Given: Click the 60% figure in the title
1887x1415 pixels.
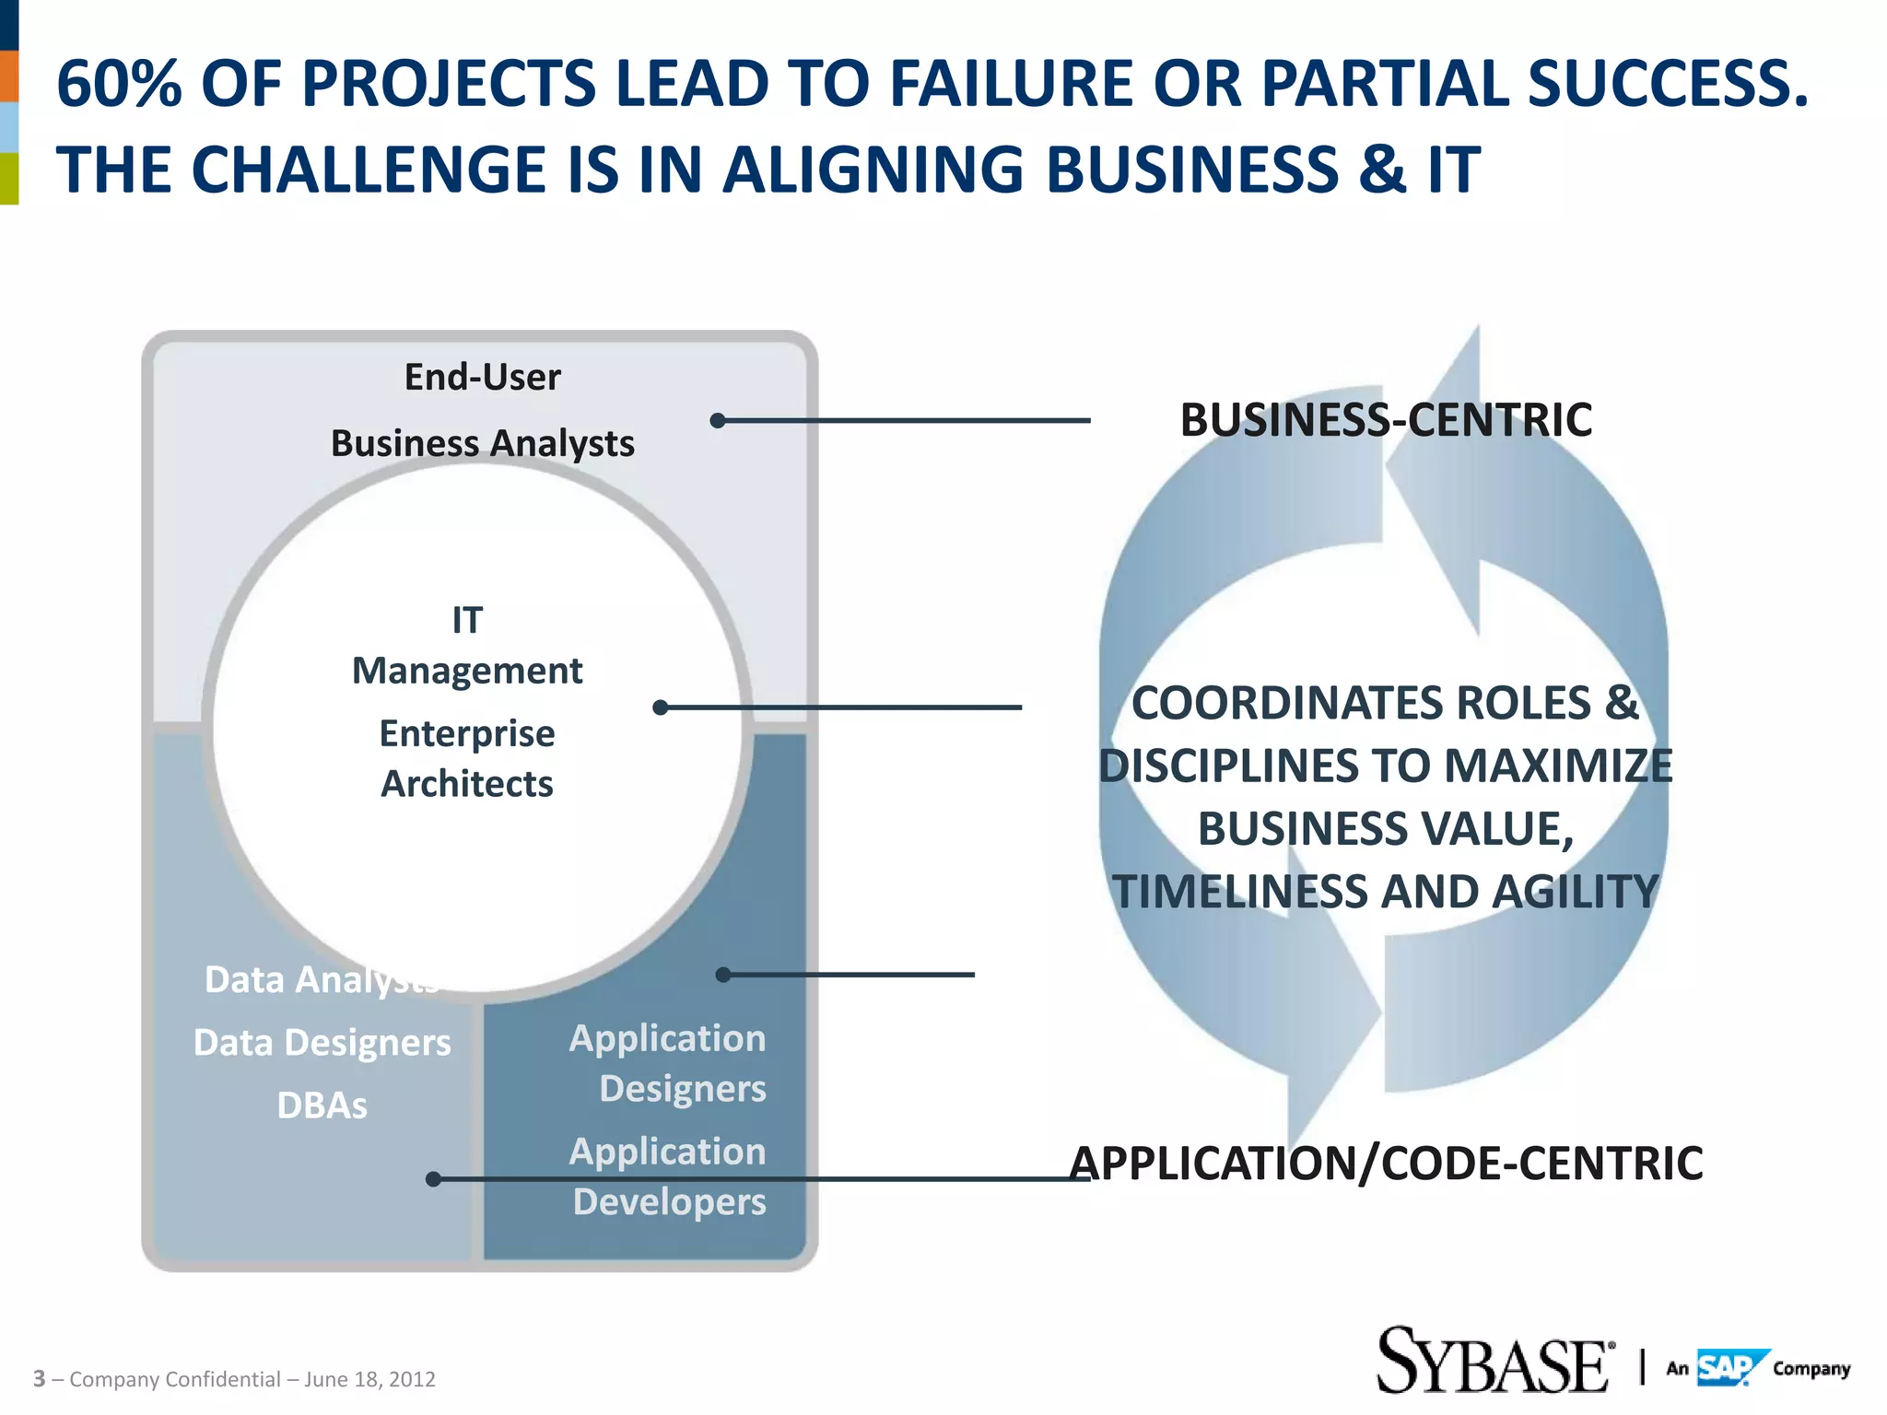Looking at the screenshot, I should pyautogui.click(x=118, y=84).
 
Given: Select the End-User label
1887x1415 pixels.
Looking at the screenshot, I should pyautogui.click(x=482, y=377).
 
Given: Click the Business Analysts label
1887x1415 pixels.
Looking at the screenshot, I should pyautogui.click(x=482, y=443).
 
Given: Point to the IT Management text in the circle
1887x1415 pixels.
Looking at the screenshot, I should pyautogui.click(x=467, y=646).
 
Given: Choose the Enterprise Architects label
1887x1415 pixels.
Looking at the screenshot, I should pyautogui.click(x=467, y=758).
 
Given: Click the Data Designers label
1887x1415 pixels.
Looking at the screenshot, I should pyautogui.click(x=322, y=1043).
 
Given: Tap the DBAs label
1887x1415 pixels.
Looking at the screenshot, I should pyautogui.click(x=322, y=1105).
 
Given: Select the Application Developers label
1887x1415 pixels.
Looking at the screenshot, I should pyautogui.click(x=668, y=1176).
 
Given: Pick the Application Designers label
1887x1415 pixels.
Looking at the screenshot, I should pyautogui.click(x=668, y=1063).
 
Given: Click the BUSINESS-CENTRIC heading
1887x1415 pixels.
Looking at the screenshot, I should pyautogui.click(x=1386, y=420).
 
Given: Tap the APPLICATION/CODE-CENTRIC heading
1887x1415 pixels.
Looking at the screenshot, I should pyautogui.click(x=1386, y=1163).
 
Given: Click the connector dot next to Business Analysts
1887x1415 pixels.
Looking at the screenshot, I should pyautogui.click(x=718, y=421).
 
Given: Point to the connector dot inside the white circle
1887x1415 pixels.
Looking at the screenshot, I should pyautogui.click(x=660, y=707).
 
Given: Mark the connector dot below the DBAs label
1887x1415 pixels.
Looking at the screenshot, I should pyautogui.click(x=433, y=1179).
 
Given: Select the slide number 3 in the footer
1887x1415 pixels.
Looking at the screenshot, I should pyautogui.click(x=39, y=1379).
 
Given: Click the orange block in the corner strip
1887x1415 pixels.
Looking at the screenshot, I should pyautogui.click(x=9, y=76).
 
